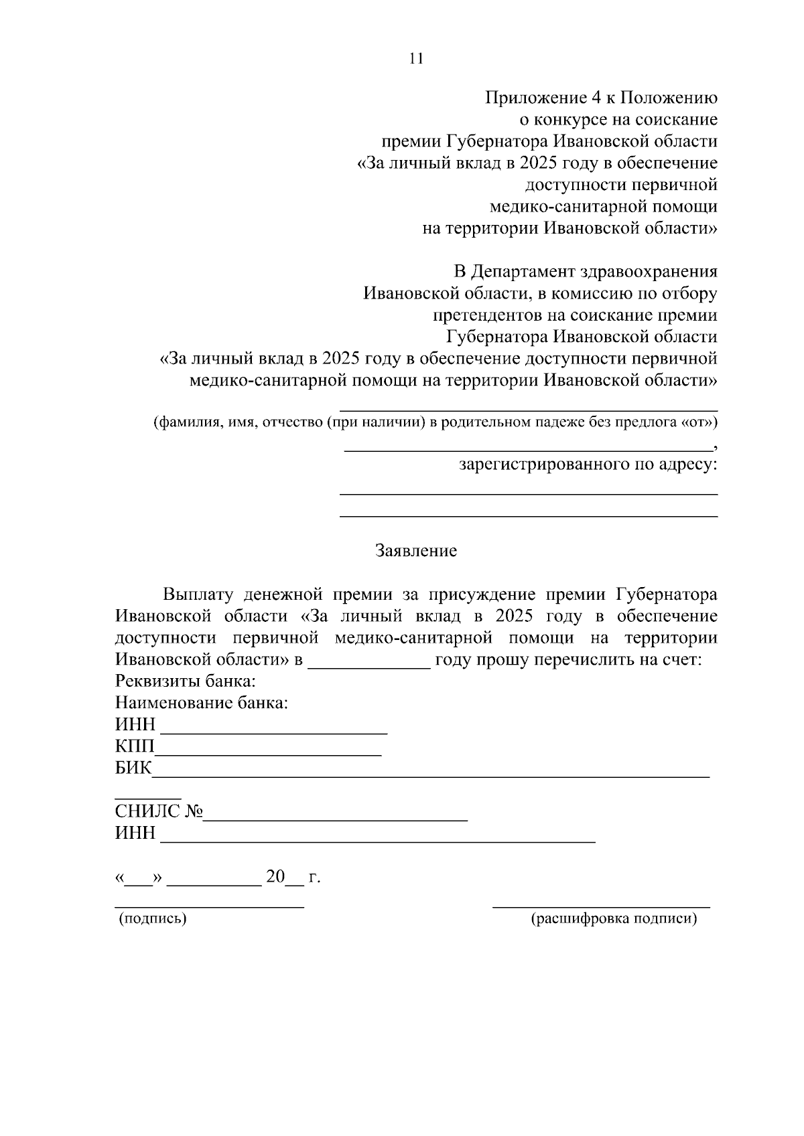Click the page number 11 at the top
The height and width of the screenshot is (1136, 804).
coord(416,58)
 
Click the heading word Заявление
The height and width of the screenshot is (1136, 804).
coord(416,551)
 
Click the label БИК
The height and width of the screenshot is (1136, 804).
coord(133,768)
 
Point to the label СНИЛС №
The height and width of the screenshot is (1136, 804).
coord(159,812)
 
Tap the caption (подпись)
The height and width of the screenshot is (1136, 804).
coord(153,919)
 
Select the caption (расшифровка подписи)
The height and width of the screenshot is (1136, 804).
coord(614,919)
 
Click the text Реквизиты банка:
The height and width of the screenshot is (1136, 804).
coord(186,682)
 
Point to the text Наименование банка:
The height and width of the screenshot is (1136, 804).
coord(202,704)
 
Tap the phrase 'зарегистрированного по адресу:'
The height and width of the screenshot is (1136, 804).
coord(588,464)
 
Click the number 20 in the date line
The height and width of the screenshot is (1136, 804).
coord(275,877)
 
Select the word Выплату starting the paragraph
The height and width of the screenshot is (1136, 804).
coord(198,594)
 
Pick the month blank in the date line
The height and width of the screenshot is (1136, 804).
coord(214,884)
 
